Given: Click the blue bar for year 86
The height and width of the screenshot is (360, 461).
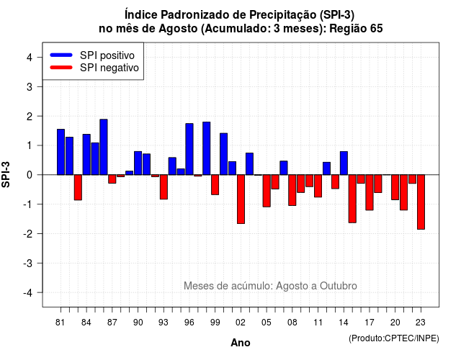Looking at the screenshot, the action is pyautogui.click(x=104, y=147).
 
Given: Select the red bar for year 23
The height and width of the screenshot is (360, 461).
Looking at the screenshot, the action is pyautogui.click(x=421, y=202).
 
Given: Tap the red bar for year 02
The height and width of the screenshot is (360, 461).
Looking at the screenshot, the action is pyautogui.click(x=241, y=199).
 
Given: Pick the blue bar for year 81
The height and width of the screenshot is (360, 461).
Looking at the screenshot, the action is pyautogui.click(x=61, y=152).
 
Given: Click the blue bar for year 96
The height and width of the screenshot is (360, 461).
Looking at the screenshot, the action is pyautogui.click(x=189, y=149).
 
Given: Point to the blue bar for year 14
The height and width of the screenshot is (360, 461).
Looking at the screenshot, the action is pyautogui.click(x=344, y=163).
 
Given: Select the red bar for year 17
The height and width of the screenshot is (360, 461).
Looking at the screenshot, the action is pyautogui.click(x=370, y=192).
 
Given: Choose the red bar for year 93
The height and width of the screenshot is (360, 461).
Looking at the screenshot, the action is pyautogui.click(x=164, y=187).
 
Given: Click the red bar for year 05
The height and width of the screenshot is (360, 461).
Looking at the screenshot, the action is pyautogui.click(x=267, y=191).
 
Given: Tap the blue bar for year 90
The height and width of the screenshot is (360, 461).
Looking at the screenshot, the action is pyautogui.click(x=138, y=163).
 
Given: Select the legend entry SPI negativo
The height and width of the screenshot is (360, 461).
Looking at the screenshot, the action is pyautogui.click(x=94, y=68).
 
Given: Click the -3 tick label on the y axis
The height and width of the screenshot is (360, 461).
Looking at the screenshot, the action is pyautogui.click(x=27, y=264).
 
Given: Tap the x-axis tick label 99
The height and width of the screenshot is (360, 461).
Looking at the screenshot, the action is pyautogui.click(x=215, y=323).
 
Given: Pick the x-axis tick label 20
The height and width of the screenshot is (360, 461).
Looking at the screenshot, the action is pyautogui.click(x=395, y=323).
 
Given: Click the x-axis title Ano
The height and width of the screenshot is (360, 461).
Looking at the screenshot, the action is pyautogui.click(x=241, y=343).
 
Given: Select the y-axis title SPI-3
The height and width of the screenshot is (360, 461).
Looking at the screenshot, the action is pyautogui.click(x=6, y=174).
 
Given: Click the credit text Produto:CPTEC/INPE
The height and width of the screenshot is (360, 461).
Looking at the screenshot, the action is pyautogui.click(x=394, y=338).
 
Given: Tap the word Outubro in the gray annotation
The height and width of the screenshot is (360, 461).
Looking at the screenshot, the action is pyautogui.click(x=339, y=286).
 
